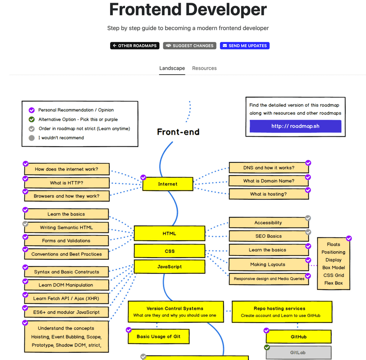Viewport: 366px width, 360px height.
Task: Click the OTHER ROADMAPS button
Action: point(135,46)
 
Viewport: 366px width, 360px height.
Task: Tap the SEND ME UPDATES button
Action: point(244,46)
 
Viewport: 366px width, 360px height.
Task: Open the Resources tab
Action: point(204,68)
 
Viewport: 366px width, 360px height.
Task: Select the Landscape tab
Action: point(172,68)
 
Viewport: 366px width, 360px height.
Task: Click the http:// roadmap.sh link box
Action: point(295,126)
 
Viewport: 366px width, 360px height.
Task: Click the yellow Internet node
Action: point(168,184)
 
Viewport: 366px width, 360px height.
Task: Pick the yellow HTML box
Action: point(169,234)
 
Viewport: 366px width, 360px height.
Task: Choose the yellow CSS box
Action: point(169,251)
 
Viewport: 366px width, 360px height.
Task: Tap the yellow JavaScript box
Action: point(169,267)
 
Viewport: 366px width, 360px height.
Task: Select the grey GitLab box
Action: point(298,353)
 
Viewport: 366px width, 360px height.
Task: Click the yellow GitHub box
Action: point(298,337)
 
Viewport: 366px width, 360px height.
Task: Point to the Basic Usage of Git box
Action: point(159,336)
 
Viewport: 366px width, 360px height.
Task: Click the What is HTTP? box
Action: point(66,183)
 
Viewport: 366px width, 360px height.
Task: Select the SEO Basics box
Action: point(268,236)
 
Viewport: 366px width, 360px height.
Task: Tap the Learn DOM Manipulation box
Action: point(66,285)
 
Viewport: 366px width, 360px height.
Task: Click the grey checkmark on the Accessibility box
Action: point(308,218)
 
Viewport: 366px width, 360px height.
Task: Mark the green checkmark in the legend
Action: point(32,119)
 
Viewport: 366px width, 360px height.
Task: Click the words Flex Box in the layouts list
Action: point(333,283)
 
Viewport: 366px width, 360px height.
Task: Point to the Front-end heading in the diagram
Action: point(178,132)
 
